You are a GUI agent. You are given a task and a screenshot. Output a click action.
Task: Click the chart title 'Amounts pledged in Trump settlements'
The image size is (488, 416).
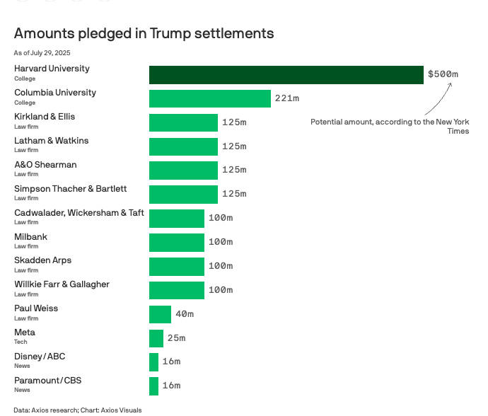click(144, 33)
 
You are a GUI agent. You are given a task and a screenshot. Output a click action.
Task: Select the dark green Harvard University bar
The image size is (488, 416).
click(286, 74)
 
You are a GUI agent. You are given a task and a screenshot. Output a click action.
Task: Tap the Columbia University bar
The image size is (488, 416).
click(209, 98)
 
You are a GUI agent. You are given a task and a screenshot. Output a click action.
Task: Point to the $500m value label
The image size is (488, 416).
click(443, 74)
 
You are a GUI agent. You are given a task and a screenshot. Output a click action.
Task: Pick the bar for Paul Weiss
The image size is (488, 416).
click(160, 314)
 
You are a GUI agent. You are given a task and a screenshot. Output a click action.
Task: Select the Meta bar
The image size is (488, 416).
click(156, 338)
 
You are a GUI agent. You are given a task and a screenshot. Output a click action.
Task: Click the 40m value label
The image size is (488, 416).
click(185, 314)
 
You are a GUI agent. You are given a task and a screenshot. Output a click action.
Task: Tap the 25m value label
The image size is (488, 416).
click(176, 338)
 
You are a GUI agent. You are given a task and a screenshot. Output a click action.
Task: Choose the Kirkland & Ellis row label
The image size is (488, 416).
click(45, 117)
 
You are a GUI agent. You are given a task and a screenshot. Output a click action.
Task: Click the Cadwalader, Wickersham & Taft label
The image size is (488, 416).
click(79, 213)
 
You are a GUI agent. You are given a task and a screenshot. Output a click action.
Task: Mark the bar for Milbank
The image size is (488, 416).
click(176, 242)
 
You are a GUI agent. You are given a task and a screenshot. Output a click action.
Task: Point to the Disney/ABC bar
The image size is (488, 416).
click(153, 362)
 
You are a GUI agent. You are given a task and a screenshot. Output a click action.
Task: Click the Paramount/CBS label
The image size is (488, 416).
click(47, 381)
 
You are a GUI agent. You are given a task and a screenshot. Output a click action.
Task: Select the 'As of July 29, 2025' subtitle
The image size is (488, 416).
click(42, 53)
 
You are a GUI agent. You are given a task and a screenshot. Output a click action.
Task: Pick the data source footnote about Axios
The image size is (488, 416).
click(77, 410)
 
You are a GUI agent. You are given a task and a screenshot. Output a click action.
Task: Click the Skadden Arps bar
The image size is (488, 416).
click(176, 266)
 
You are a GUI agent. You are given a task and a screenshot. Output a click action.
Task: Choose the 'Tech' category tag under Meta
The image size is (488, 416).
click(21, 342)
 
